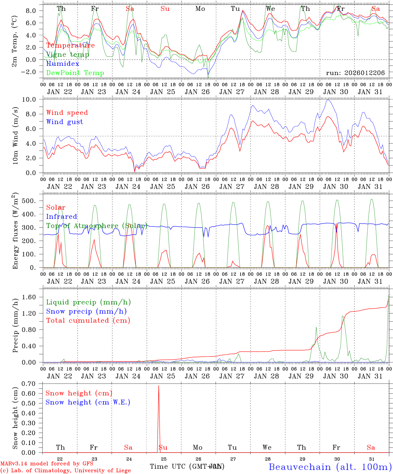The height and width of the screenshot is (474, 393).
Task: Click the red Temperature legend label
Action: tap(70, 45)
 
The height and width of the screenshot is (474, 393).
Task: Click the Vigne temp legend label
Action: tap(67, 55)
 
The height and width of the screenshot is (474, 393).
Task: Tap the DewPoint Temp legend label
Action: tap(75, 73)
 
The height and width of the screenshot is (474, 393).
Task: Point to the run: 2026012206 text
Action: tap(355, 73)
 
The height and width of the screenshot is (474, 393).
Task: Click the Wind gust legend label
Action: tap(65, 122)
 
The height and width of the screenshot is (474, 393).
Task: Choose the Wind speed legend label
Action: tap(67, 113)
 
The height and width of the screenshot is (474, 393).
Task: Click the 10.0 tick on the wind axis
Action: tap(33, 99)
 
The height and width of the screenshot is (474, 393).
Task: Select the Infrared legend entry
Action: tap(62, 217)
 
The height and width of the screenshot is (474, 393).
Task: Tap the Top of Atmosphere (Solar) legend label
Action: tap(96, 226)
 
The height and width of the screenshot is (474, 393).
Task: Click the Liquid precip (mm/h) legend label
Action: tap(88, 302)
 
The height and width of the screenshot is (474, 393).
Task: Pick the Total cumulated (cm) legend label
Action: tap(88, 320)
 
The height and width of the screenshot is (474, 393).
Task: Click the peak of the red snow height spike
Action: tap(159, 385)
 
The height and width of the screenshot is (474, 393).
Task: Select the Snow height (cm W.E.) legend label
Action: tap(88, 402)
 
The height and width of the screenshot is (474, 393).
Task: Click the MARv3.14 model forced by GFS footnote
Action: tap(47, 464)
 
